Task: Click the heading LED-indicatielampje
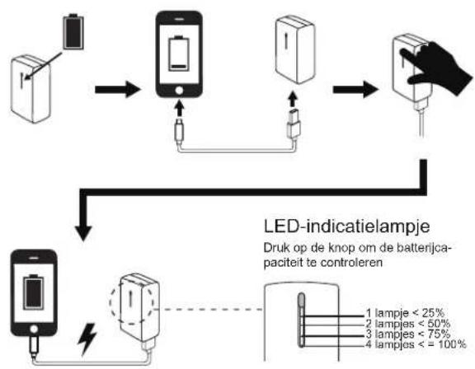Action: pyautogui.click(x=346, y=227)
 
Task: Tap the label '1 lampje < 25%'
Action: pyautogui.click(x=405, y=313)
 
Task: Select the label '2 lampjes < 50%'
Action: pyautogui.click(x=407, y=324)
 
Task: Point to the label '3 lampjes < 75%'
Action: pyautogui.click(x=407, y=334)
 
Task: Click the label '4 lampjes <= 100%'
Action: pyautogui.click(x=416, y=344)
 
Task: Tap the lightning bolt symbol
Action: pyautogui.click(x=87, y=339)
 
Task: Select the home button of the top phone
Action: pyautogui.click(x=179, y=90)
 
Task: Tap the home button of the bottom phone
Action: pyautogui.click(x=34, y=329)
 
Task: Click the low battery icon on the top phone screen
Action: pyautogui.click(x=179, y=54)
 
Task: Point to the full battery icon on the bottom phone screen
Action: pyautogui.click(x=34, y=292)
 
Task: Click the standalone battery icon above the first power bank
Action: pyautogui.click(x=73, y=31)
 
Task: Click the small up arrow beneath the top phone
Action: pyautogui.click(x=179, y=109)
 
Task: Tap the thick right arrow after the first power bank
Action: pyautogui.click(x=118, y=90)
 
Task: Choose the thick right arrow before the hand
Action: pyautogui.click(x=355, y=90)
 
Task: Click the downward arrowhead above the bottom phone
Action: pyautogui.click(x=83, y=233)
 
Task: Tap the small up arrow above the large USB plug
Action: pyautogui.click(x=292, y=100)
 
